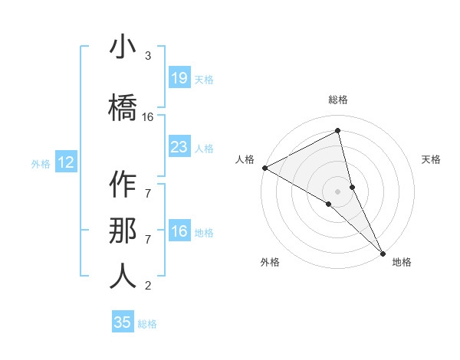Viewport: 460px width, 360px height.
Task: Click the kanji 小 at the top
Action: pyautogui.click(x=123, y=47)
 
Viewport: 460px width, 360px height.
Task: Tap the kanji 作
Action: pyautogui.click(x=123, y=185)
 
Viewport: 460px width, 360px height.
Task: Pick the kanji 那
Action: pyautogui.click(x=123, y=231)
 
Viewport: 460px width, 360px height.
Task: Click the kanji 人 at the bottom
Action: pyautogui.click(x=123, y=277)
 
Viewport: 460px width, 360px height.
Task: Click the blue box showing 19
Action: pyautogui.click(x=179, y=77)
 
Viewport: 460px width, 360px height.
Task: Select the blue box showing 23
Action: pyautogui.click(x=179, y=146)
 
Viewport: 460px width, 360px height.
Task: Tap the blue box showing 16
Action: pyautogui.click(x=179, y=231)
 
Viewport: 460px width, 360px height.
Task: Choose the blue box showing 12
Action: pyautogui.click(x=66, y=162)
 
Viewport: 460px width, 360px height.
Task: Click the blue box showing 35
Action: pyautogui.click(x=123, y=322)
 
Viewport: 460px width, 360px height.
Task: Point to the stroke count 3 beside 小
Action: pyautogui.click(x=148, y=56)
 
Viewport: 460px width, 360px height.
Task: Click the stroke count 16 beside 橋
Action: pyautogui.click(x=148, y=117)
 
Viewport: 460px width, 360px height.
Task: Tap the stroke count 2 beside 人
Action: pyautogui.click(x=148, y=286)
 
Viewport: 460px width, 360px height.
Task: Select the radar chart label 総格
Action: pyautogui.click(x=338, y=100)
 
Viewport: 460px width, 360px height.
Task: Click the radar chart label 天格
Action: pyautogui.click(x=432, y=159)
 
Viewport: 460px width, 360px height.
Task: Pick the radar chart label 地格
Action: pyautogui.click(x=402, y=262)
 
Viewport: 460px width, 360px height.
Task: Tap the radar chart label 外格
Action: pyautogui.click(x=270, y=262)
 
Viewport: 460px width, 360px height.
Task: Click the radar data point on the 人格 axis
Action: pyautogui.click(x=264, y=168)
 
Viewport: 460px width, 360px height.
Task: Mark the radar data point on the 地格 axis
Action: pyautogui.click(x=383, y=253)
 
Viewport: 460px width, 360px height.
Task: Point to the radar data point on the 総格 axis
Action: pyautogui.click(x=338, y=131)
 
